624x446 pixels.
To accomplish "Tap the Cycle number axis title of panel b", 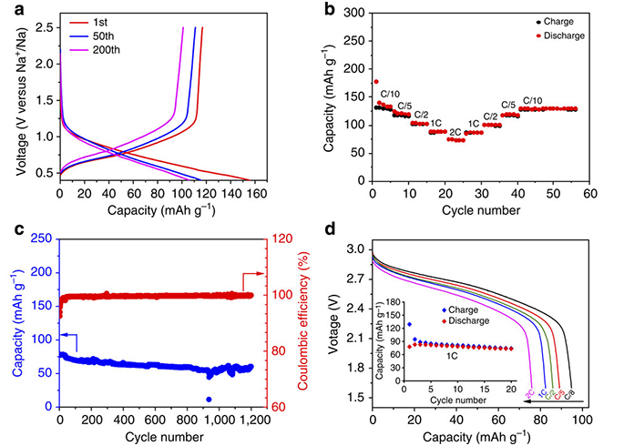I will click(481, 210).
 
